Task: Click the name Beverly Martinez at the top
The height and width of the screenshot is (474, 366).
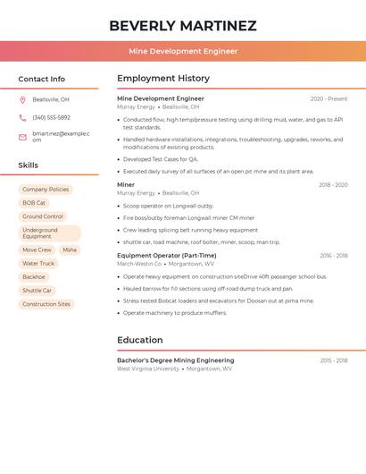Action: point(183,26)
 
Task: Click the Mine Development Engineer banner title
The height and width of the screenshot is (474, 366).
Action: point(183,51)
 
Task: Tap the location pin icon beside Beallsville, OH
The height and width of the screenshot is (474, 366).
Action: point(23,99)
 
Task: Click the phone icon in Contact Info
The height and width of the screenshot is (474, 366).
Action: point(23,117)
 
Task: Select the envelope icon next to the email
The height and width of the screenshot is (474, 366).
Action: point(23,137)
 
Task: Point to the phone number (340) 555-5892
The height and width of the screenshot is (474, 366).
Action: point(51,117)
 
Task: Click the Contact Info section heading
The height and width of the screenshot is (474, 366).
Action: point(41,79)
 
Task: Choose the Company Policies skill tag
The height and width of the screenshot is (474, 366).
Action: point(46,190)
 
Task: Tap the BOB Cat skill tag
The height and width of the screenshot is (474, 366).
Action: point(34,203)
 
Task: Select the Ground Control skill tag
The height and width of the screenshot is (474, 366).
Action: point(43,216)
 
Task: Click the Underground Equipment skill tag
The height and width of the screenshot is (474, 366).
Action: point(46,233)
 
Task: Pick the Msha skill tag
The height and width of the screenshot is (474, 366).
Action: point(70,250)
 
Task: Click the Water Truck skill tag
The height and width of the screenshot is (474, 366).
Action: point(38,264)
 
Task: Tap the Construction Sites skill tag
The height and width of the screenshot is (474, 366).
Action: point(46,304)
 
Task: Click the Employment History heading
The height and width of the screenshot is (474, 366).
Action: point(163,78)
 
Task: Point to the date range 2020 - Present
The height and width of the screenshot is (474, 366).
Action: point(329,98)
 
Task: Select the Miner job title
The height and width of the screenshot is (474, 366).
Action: point(126,185)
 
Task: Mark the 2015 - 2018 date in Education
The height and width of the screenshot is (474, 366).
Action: point(334,360)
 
